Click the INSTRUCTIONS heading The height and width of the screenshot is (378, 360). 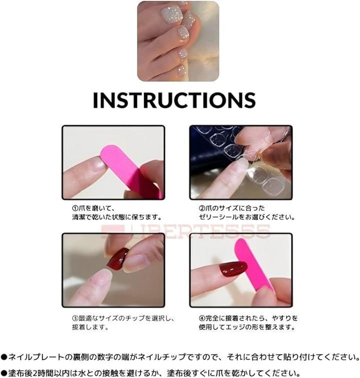tap(174, 100)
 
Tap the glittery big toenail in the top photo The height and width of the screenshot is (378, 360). tap(171, 15)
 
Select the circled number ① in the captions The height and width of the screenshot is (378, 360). tap(75, 208)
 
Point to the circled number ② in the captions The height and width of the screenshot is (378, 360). tap(202, 208)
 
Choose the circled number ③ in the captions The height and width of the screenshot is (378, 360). tap(75, 318)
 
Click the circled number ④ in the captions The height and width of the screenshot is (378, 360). tap(202, 318)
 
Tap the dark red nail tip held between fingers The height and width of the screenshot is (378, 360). tap(117, 258)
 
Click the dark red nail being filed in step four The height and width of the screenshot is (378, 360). tap(233, 268)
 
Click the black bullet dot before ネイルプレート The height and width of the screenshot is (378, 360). tap(4, 357)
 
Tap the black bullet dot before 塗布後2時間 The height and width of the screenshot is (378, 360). tap(4, 373)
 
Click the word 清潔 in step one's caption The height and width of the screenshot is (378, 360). tap(78, 217)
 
